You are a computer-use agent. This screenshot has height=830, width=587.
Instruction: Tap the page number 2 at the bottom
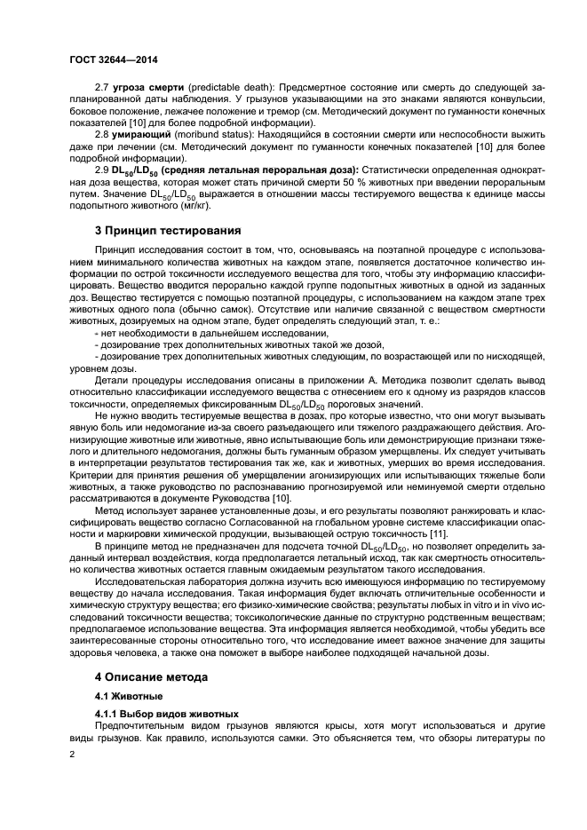point(73,753)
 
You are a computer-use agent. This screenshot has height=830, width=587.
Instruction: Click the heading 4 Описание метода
point(151,676)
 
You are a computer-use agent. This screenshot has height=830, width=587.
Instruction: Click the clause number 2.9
point(102,169)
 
